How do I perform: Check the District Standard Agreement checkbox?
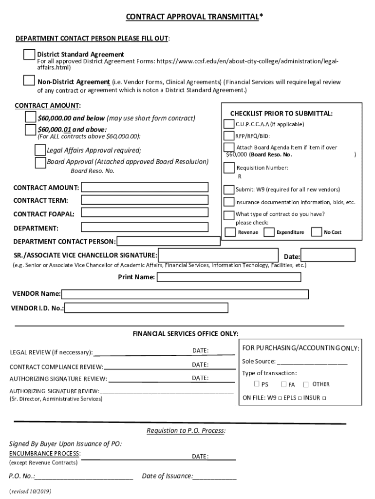(29, 55)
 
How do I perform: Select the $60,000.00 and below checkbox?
(31, 117)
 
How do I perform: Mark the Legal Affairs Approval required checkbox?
(40, 150)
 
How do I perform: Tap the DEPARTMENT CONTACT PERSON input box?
(169, 241)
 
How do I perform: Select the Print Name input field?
(229, 277)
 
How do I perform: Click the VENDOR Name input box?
(185, 294)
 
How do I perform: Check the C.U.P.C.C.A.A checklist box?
(228, 124)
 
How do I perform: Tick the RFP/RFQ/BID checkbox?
(228, 136)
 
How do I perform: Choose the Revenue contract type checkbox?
(228, 232)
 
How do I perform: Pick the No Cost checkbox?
(317, 232)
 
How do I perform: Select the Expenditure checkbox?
(269, 232)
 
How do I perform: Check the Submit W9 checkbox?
(228, 190)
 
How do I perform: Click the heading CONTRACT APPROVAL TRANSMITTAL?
(194, 18)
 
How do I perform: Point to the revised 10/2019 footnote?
(30, 491)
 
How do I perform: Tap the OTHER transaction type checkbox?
(306, 384)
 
